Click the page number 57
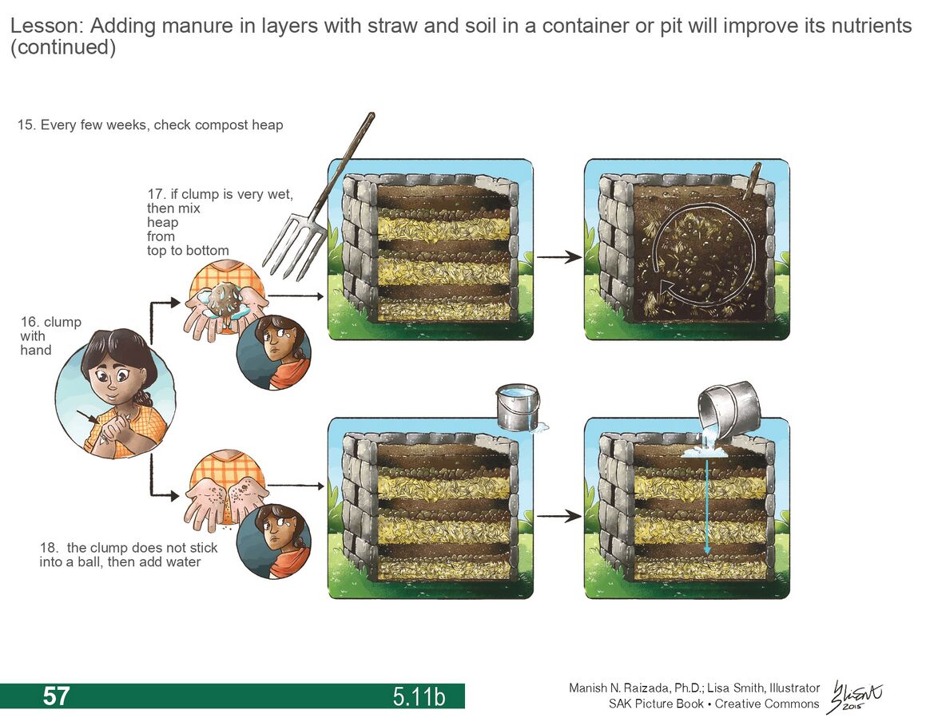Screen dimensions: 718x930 [56, 696]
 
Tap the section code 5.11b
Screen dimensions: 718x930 [419, 697]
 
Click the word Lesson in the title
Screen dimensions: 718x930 [46, 26]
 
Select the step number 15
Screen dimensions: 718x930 [26, 125]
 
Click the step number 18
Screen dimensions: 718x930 [48, 548]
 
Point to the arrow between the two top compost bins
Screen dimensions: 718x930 [558, 257]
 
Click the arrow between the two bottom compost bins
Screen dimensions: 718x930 [558, 516]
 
